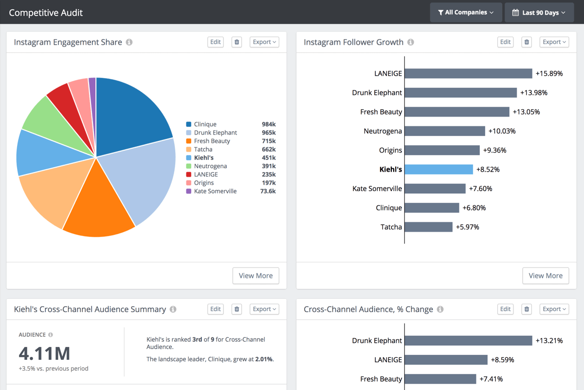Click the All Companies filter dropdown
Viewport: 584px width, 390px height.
pyautogui.click(x=466, y=12)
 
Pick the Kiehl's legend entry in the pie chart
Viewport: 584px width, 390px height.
pyautogui.click(x=203, y=157)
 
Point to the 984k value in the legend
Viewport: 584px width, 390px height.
pyautogui.click(x=269, y=124)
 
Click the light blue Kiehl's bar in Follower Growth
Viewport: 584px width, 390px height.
pyautogui.click(x=438, y=169)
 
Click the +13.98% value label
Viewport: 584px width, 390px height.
pyautogui.click(x=533, y=93)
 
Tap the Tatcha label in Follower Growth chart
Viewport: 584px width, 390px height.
pyautogui.click(x=391, y=227)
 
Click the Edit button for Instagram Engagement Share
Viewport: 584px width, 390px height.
pyautogui.click(x=215, y=42)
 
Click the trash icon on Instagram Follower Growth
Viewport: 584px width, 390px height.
pyautogui.click(x=527, y=42)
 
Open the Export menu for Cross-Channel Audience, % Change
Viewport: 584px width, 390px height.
pyautogui.click(x=554, y=309)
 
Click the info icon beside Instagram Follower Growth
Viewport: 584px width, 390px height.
pyautogui.click(x=411, y=42)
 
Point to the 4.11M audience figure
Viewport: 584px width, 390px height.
pyautogui.click(x=44, y=353)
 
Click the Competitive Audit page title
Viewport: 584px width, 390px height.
pyautogui.click(x=46, y=13)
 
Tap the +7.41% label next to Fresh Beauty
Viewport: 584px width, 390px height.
pyautogui.click(x=491, y=379)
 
